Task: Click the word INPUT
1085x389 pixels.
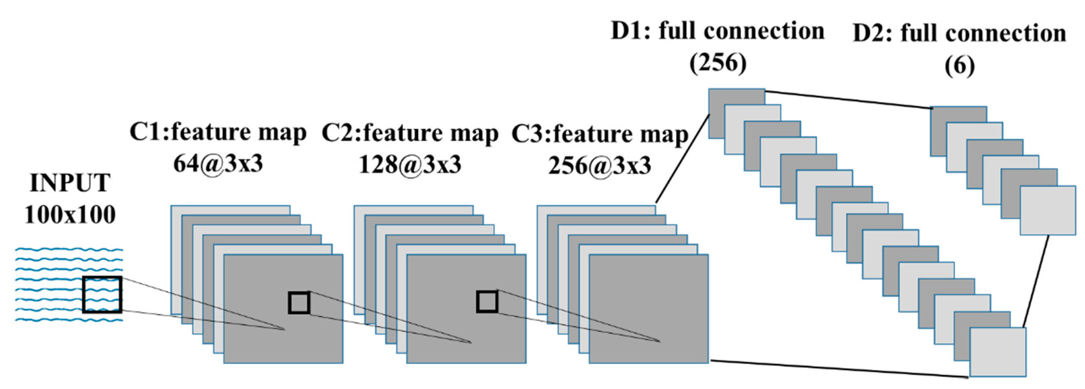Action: [70, 183]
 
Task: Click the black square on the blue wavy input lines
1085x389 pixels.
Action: [102, 294]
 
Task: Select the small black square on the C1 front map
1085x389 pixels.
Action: [299, 302]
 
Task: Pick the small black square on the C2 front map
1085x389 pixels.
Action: [487, 301]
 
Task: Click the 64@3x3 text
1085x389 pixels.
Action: [218, 163]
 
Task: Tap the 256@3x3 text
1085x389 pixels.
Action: [599, 165]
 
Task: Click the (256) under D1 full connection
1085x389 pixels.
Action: [718, 63]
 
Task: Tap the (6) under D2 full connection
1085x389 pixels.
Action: [959, 66]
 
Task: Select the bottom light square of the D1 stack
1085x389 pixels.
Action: [998, 352]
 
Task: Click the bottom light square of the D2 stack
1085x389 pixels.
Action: [1048, 210]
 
